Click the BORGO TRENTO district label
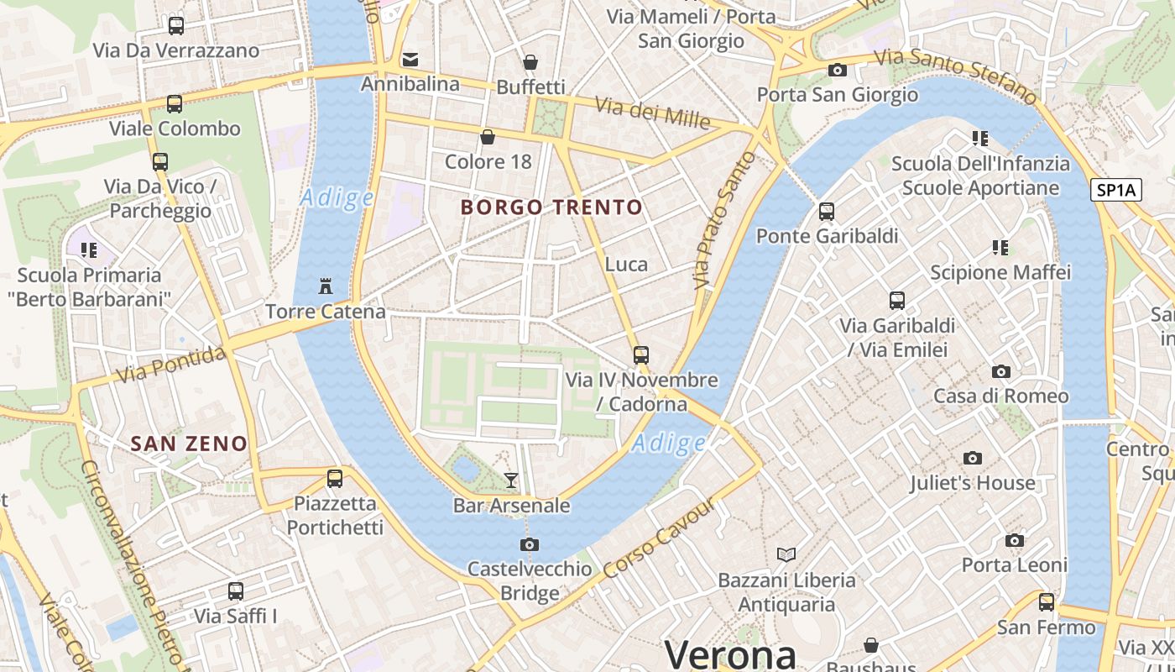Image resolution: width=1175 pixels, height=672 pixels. pos(551,207)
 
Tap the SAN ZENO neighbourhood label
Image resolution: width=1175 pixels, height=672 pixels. pos(189,444)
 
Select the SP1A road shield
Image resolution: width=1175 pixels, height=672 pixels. pos(1116,190)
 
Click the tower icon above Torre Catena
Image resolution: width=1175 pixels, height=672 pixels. pos(326,286)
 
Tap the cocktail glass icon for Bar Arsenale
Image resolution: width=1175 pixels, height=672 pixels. pos(510,480)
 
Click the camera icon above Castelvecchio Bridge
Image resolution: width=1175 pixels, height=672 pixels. pos(530,544)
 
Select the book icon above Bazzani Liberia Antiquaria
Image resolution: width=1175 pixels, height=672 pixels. pos(786,554)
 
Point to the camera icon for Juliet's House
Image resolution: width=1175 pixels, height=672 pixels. pos(973,458)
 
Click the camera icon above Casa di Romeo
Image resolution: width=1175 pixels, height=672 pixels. pos(1000,371)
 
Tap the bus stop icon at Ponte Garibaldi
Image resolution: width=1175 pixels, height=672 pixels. pos(827,211)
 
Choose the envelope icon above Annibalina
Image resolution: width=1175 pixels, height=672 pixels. pos(410,59)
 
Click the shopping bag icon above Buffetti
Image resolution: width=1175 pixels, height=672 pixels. pos(530,61)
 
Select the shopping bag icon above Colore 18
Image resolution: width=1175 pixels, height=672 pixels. pos(488,136)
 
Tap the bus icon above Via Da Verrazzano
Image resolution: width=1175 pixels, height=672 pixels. pos(175,25)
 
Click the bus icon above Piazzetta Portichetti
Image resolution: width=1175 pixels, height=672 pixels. pos(335,479)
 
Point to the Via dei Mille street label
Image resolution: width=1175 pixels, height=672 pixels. pos(653,113)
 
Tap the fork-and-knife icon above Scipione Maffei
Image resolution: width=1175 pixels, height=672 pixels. pos(1000,247)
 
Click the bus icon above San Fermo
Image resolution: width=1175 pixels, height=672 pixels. pos(1046,601)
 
